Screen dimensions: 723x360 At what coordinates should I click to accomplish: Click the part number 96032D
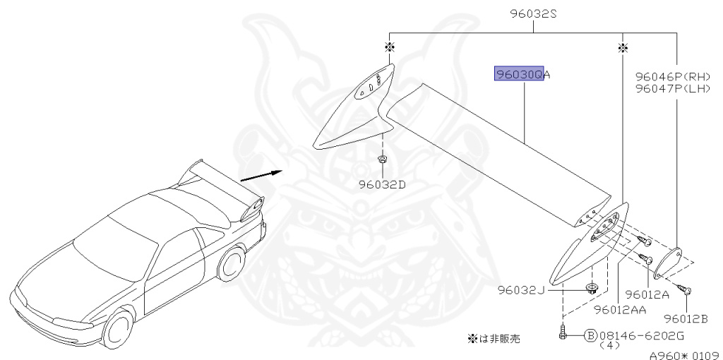(x=381, y=185)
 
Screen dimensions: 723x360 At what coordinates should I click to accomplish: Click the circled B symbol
(x=590, y=335)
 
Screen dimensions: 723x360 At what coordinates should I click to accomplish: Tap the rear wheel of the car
(x=231, y=267)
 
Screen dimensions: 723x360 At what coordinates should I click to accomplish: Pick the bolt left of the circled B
(x=563, y=332)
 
